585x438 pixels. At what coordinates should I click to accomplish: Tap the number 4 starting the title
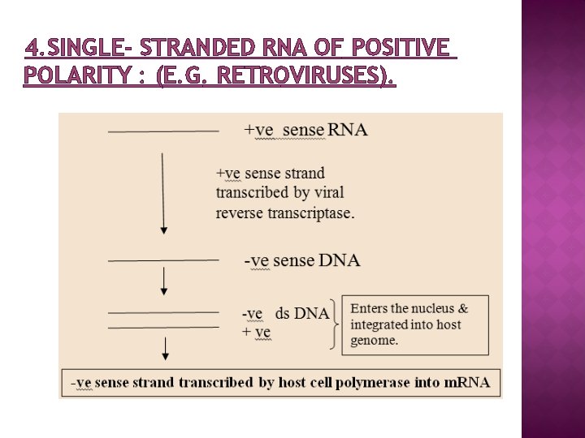(x=30, y=49)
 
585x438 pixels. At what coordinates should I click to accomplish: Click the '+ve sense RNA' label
(x=305, y=130)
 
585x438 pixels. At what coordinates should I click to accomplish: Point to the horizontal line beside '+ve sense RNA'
(x=163, y=131)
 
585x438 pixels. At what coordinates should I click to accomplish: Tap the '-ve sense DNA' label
(x=302, y=260)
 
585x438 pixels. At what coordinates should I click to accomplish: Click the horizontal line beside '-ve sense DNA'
(x=163, y=260)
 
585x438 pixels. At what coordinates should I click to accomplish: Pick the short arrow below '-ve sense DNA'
(x=164, y=281)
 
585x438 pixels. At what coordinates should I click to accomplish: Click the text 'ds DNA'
(x=302, y=313)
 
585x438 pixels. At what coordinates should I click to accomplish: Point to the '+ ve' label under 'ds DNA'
(x=256, y=332)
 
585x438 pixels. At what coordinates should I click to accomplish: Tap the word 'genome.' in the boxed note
(x=375, y=341)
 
